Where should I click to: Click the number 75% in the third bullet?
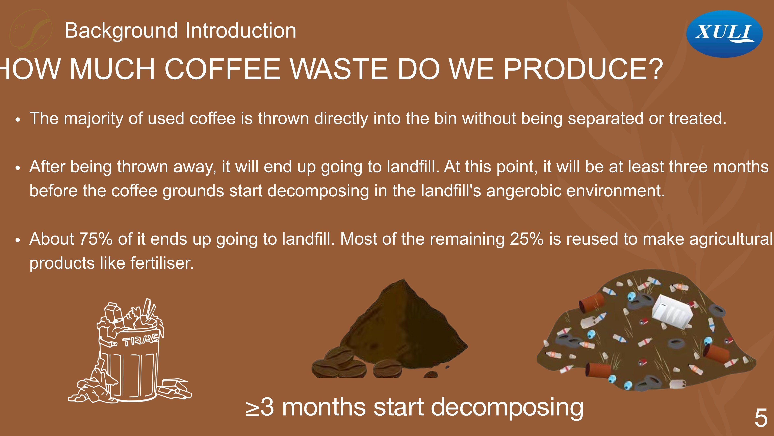96,239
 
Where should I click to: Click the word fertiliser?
162,263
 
